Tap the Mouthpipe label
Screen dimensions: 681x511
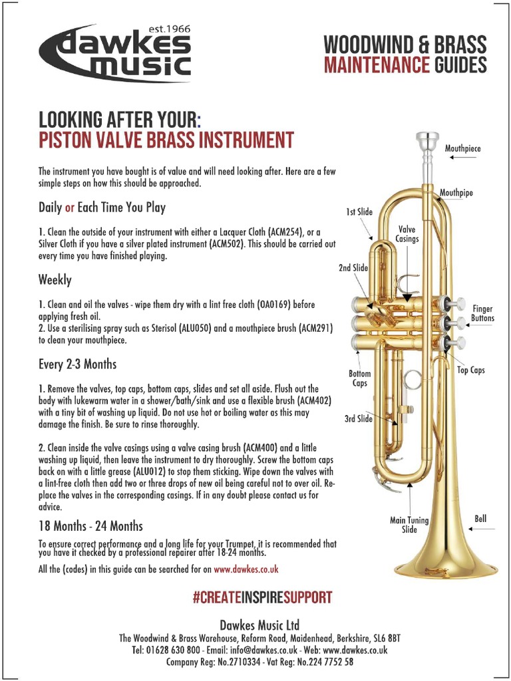click(x=456, y=193)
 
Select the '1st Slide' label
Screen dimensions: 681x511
click(x=359, y=212)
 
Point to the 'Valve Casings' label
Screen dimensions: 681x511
click(x=407, y=234)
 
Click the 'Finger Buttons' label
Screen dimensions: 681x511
click(x=482, y=313)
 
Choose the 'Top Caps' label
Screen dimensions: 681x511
click(x=470, y=370)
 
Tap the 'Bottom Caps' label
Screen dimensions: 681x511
click(x=359, y=378)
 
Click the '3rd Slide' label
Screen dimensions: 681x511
click(x=358, y=419)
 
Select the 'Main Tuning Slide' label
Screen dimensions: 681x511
click(x=409, y=525)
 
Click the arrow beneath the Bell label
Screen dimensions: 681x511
click(x=482, y=529)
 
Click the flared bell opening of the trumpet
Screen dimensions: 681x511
click(x=446, y=569)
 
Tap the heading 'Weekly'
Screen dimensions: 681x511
click(x=55, y=280)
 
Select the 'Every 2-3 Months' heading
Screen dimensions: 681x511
click(x=77, y=364)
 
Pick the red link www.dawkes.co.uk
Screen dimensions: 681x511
click(x=246, y=570)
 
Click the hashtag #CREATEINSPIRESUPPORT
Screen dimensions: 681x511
click(x=261, y=597)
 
